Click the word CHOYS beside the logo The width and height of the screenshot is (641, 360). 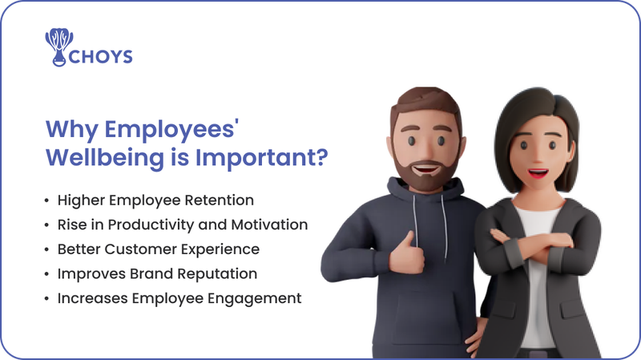[x=102, y=57]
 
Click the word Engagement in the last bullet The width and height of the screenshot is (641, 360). [x=258, y=298]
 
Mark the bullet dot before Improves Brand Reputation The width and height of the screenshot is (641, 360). [x=47, y=273]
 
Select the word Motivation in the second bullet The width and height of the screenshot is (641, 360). [x=268, y=224]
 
